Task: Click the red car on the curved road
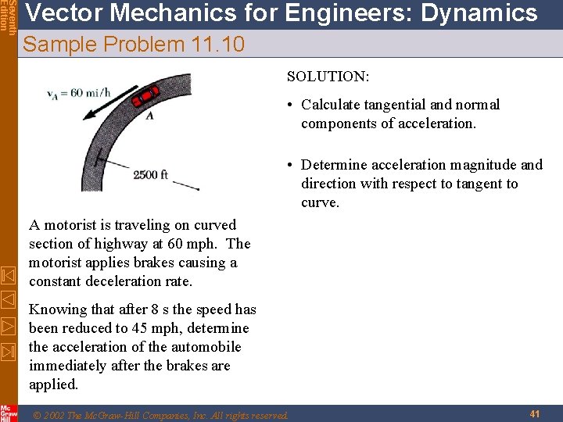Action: [145, 96]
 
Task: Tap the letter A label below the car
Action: [149, 116]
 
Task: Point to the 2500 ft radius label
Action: [150, 174]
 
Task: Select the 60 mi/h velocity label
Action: [79, 94]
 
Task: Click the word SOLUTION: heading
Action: [328, 77]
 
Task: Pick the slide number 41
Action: [536, 413]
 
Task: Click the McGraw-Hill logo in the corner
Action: [9, 413]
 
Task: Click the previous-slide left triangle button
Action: [8, 299]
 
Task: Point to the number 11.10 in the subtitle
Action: [217, 45]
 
